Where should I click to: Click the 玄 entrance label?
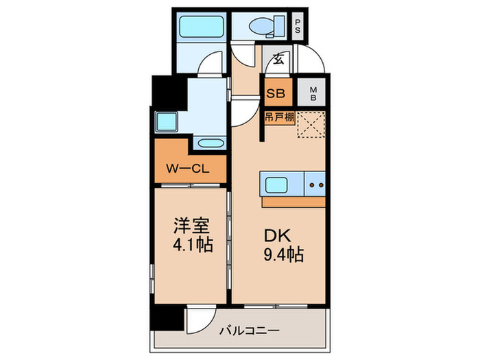pos(280,59)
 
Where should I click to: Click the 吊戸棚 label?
pos(280,118)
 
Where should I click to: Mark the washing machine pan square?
pos(166,122)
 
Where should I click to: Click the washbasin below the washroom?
pos(208,143)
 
